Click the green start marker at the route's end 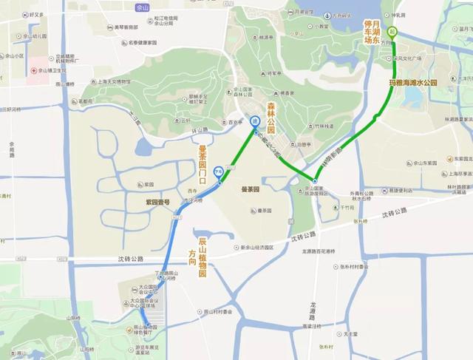(392, 32)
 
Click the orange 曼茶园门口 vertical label (203, 164)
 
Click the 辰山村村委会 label (219, 313)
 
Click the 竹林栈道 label (321, 126)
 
